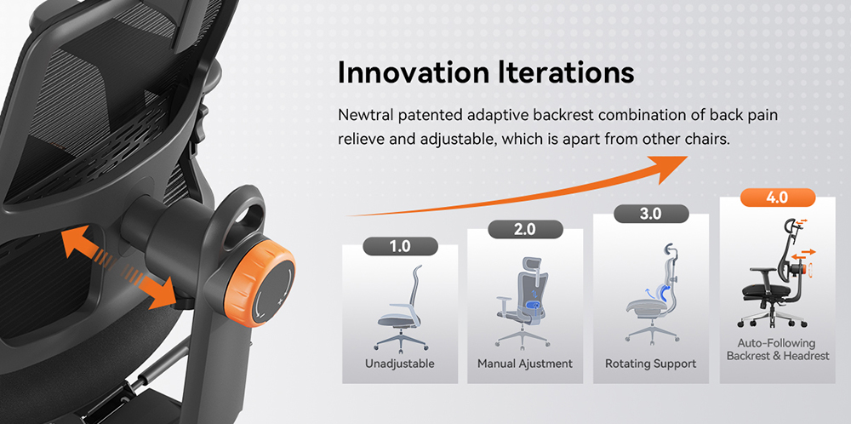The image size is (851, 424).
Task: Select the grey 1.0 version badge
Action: (399, 247)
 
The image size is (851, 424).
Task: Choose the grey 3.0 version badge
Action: (650, 214)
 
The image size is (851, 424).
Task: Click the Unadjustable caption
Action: (399, 364)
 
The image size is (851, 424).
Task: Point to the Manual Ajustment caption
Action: (525, 364)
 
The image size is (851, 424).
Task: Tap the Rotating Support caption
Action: (650, 364)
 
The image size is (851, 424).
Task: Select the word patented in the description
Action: (425, 115)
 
